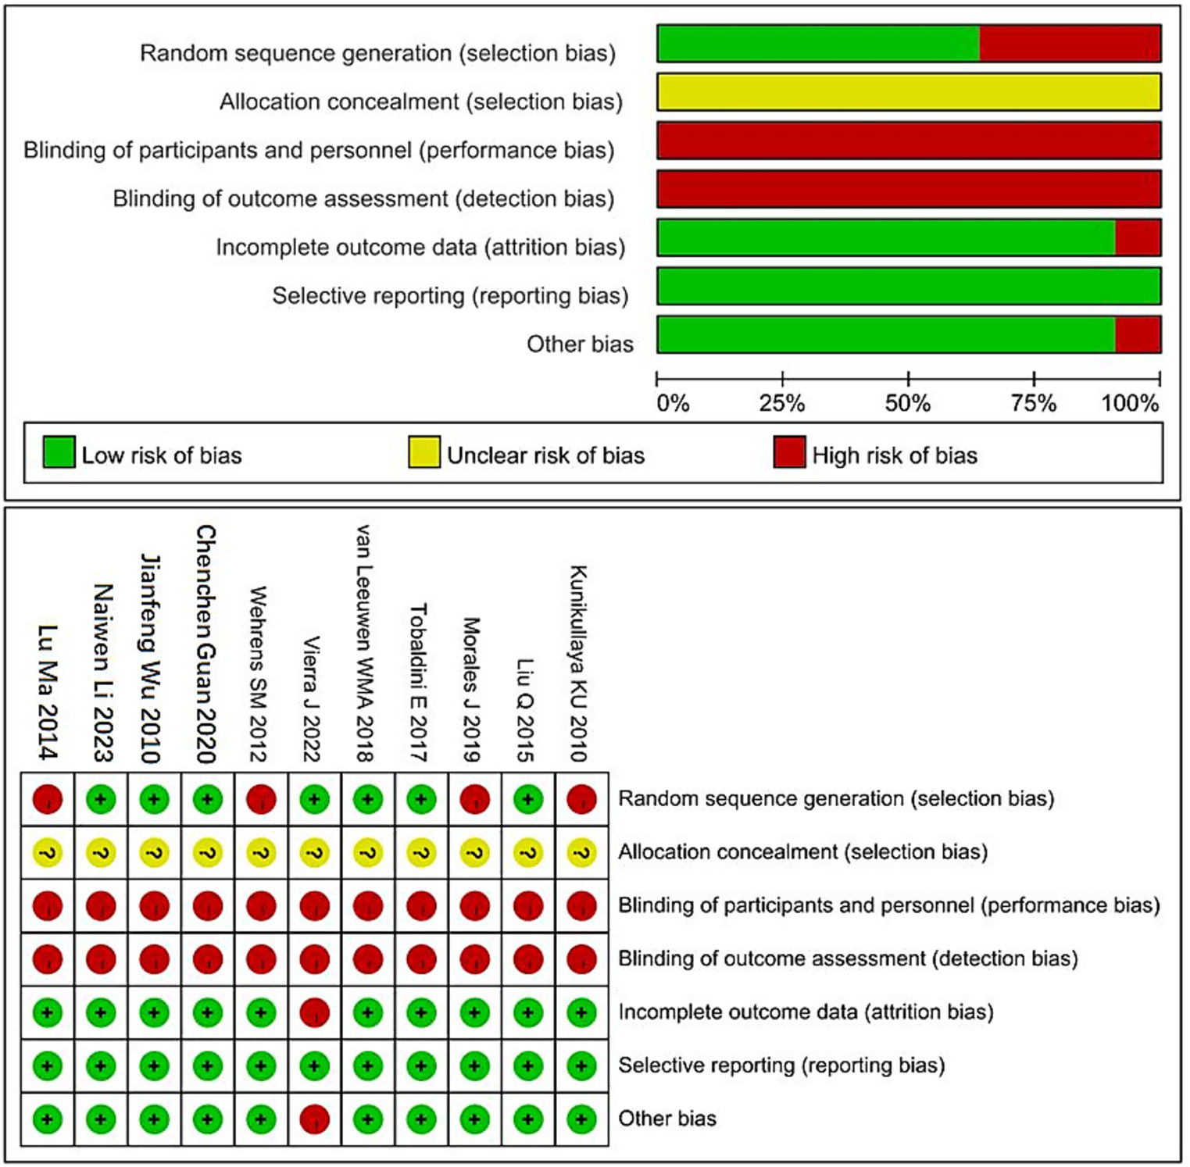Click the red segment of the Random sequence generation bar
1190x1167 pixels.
pyautogui.click(x=1069, y=44)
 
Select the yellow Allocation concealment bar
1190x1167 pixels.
pyautogui.click(x=908, y=92)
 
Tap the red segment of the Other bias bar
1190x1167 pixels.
pyautogui.click(x=1137, y=334)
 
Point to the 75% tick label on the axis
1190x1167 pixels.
pyautogui.click(x=1033, y=403)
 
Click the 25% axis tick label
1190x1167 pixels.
pyautogui.click(x=781, y=403)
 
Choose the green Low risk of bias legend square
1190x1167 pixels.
pyautogui.click(x=59, y=452)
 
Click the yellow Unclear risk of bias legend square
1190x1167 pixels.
pyautogui.click(x=423, y=452)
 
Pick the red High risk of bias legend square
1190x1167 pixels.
pyautogui.click(x=789, y=452)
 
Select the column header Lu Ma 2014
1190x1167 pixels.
pyautogui.click(x=48, y=691)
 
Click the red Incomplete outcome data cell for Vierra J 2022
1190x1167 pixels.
pyautogui.click(x=314, y=1012)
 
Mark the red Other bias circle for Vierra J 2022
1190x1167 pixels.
pyautogui.click(x=314, y=1119)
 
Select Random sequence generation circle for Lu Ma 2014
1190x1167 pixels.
pyautogui.click(x=48, y=799)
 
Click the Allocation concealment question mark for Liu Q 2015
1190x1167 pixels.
pyautogui.click(x=528, y=852)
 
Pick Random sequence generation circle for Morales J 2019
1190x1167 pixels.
pyautogui.click(x=474, y=799)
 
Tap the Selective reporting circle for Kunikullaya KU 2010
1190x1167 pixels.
pyautogui.click(x=581, y=1065)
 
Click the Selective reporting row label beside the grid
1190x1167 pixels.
pyautogui.click(x=781, y=1065)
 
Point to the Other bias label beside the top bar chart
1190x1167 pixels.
pyautogui.click(x=580, y=344)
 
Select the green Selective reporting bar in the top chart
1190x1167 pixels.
pyautogui.click(x=908, y=286)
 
